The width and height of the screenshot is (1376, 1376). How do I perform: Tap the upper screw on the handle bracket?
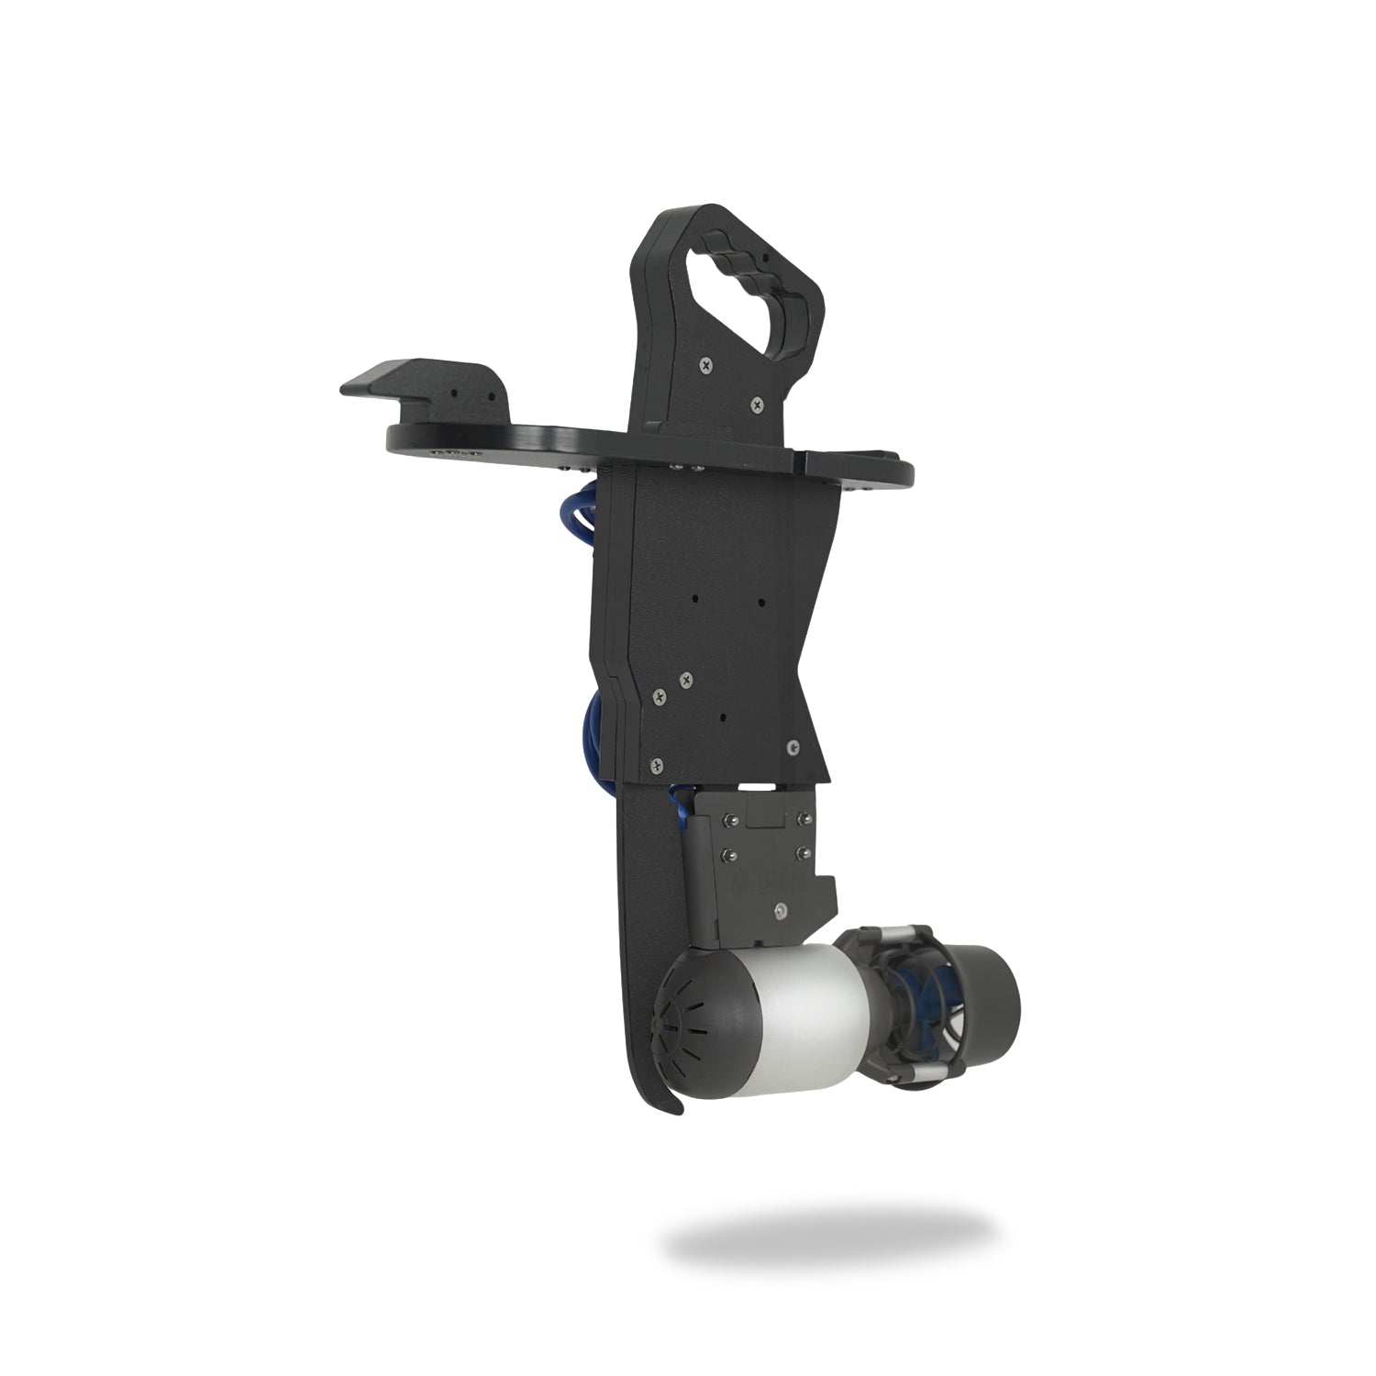click(x=705, y=364)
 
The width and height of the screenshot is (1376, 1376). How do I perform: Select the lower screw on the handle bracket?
click(x=756, y=403)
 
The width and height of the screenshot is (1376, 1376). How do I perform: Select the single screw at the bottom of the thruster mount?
click(x=779, y=909)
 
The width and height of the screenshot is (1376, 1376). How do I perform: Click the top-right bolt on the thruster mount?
click(x=805, y=816)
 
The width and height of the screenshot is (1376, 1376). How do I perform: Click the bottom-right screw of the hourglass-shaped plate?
click(x=792, y=749)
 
